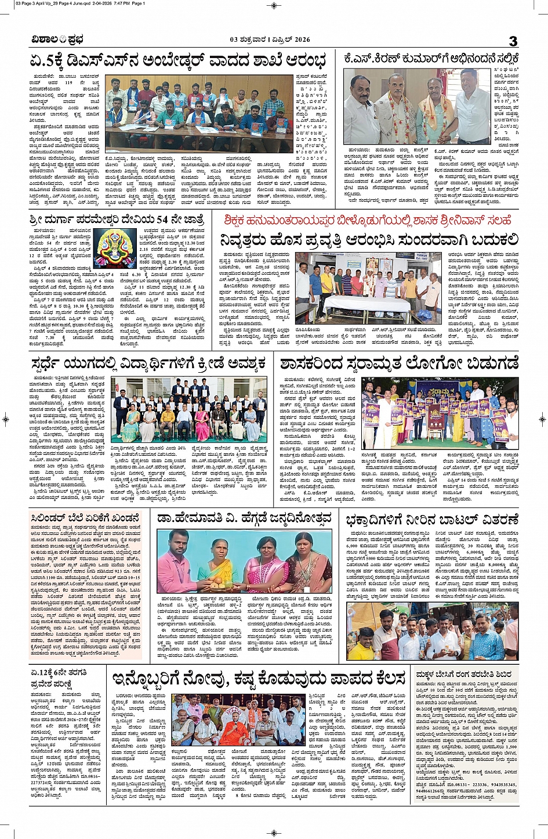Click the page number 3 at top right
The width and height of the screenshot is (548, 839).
click(x=513, y=41)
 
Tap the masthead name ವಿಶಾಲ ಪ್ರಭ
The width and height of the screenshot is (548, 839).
click(x=57, y=40)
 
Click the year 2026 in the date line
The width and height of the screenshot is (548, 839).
click(x=299, y=40)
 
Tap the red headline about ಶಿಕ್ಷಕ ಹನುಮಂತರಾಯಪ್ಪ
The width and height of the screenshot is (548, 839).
click(x=368, y=220)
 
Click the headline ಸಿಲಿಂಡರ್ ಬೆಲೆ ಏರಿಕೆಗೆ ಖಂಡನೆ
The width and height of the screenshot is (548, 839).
click(x=86, y=518)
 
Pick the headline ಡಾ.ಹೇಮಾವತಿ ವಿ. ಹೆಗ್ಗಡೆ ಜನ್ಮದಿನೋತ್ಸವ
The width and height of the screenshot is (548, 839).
click(x=244, y=518)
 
